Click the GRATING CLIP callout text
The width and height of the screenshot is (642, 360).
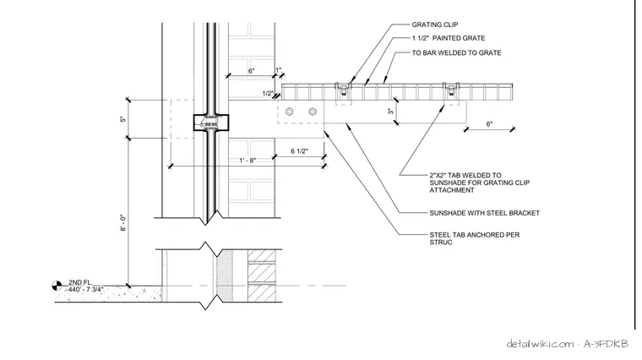coord(435,25)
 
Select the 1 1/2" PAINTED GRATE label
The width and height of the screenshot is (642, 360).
coord(449,38)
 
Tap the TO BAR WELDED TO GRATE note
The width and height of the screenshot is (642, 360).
coord(456,53)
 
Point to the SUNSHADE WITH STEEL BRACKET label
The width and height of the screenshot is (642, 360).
coord(484,213)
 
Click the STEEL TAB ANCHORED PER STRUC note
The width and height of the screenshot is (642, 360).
coord(475,238)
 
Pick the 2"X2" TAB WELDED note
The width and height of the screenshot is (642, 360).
coord(480,183)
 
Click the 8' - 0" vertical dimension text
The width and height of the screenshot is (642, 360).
coord(123,223)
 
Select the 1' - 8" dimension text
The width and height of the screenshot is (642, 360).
coord(248,161)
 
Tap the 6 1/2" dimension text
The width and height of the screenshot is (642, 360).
coord(299,151)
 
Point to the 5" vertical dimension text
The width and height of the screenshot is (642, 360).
coord(123,119)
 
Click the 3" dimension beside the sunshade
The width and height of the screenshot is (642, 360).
coord(390,111)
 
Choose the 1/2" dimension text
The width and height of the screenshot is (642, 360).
coord(268,93)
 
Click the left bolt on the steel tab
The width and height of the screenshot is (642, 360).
coord(290,112)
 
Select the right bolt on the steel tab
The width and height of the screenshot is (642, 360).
coord(313,112)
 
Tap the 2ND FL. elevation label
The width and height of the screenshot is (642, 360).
coord(80,282)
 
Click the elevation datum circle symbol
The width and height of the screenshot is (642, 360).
coord(57,286)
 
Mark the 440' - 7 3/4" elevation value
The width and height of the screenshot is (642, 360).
coord(85,290)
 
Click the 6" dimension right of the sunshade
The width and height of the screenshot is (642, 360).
coord(489,123)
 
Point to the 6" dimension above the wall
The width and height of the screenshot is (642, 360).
coord(252,71)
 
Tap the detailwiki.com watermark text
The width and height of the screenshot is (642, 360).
coord(540,344)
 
